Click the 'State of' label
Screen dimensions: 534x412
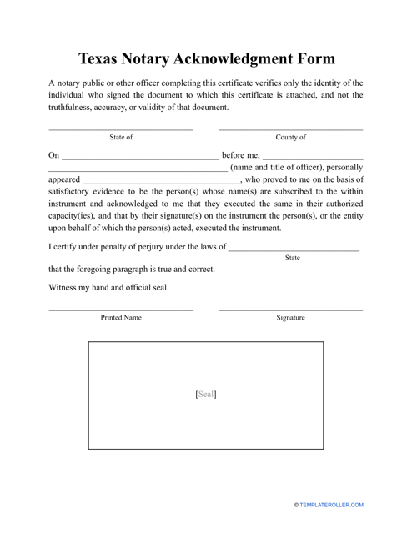121,137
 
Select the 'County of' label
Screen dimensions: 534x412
290,137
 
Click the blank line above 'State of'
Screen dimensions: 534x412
121,129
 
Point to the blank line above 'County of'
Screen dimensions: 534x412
290,129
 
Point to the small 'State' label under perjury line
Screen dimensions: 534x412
293,259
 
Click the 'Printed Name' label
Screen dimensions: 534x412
121,318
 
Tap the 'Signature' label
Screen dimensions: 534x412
290,318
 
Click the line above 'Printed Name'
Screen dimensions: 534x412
121,310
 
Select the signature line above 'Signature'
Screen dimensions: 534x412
290,310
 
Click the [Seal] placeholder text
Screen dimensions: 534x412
205,395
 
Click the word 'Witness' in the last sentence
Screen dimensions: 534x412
65,288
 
